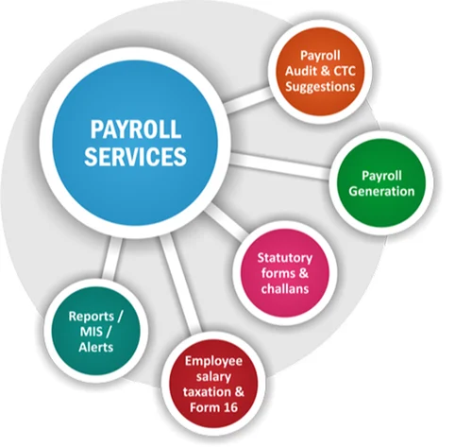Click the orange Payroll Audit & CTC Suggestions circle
click(x=321, y=71)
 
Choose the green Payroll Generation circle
click(x=387, y=183)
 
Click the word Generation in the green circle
click(x=387, y=192)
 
